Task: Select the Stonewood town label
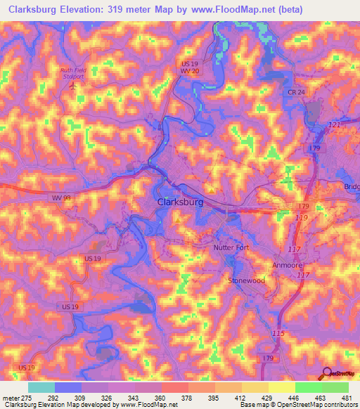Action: pos(245,280)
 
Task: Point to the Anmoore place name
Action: pos(287,265)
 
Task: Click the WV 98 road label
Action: pos(60,198)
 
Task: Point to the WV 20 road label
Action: pos(186,71)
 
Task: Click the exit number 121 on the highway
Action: pos(335,124)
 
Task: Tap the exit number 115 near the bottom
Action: pos(278,332)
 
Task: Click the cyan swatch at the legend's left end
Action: pos(41,387)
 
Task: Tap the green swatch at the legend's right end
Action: pos(335,387)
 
